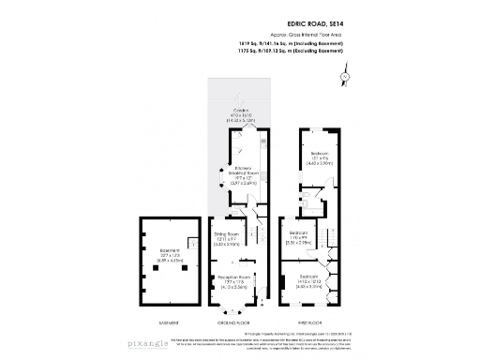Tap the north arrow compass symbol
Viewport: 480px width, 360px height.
click(x=345, y=74)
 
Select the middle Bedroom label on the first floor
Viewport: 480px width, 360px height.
click(x=299, y=237)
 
